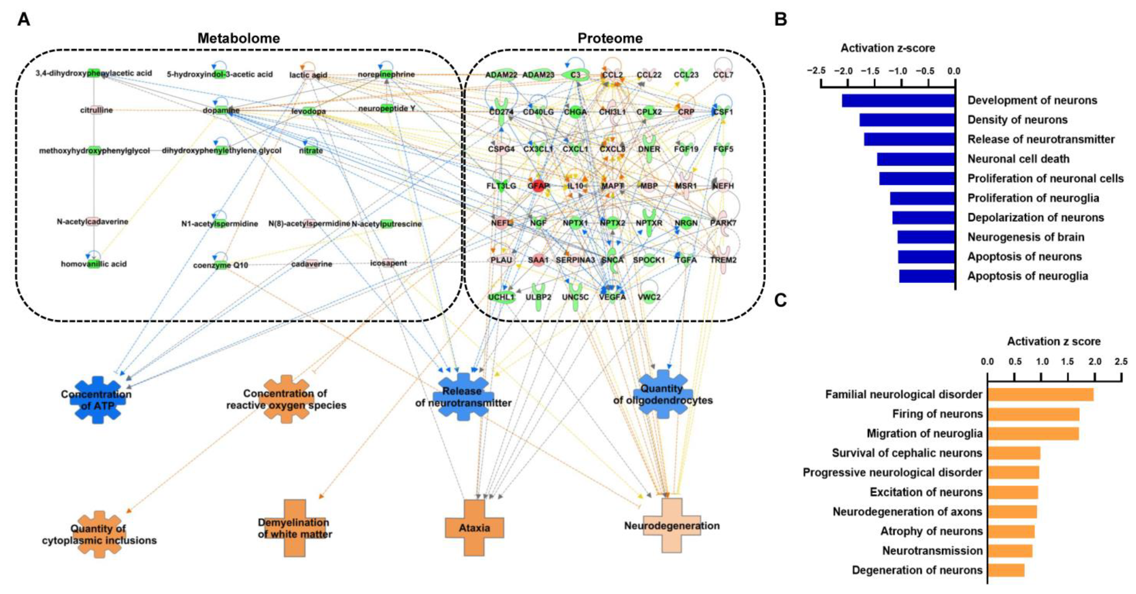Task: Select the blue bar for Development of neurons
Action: (x=898, y=100)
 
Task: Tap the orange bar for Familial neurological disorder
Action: (x=1040, y=394)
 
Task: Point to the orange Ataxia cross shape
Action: (x=474, y=528)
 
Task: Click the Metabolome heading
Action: (x=238, y=38)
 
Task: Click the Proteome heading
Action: (x=610, y=38)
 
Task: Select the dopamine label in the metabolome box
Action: (x=221, y=110)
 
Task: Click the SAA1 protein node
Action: (x=538, y=260)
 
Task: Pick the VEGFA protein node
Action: (x=612, y=297)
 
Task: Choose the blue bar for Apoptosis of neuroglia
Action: (x=927, y=276)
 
